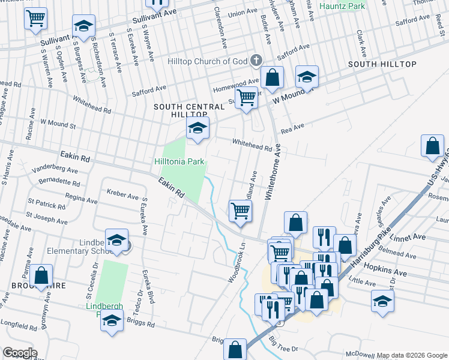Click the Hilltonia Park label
coord(179,161)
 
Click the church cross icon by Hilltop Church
coord(256,60)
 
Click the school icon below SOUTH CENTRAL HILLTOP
coord(197,128)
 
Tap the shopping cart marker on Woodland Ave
coord(240,212)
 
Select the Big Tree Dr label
coord(284,345)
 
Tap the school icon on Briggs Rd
coord(112,322)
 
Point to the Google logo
coord(19,353)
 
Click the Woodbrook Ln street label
coord(238,263)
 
